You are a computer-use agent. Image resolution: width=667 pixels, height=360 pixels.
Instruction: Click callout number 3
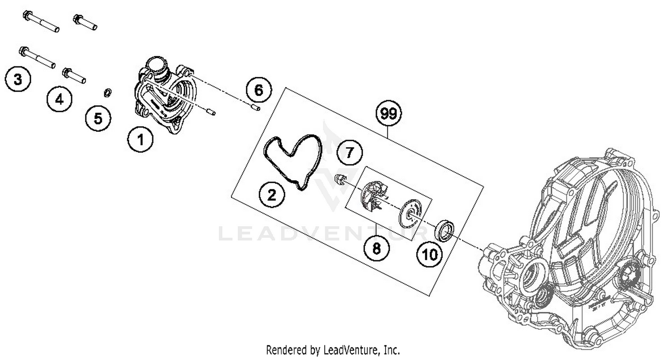[18, 80]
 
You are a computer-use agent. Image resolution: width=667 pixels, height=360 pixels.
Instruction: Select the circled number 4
[59, 100]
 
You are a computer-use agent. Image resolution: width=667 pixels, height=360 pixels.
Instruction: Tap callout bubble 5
[98, 119]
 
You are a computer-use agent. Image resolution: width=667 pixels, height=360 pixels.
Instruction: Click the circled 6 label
[259, 91]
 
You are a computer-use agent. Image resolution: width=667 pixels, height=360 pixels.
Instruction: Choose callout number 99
[388, 114]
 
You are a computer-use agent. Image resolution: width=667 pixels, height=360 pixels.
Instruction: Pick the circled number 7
[350, 153]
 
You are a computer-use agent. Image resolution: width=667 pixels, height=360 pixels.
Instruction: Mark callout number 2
[272, 194]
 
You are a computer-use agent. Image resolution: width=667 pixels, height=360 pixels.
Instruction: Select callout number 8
[377, 248]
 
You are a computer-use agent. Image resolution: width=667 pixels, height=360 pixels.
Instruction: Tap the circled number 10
[430, 255]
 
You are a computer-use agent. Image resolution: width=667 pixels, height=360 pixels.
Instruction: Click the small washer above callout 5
[107, 92]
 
